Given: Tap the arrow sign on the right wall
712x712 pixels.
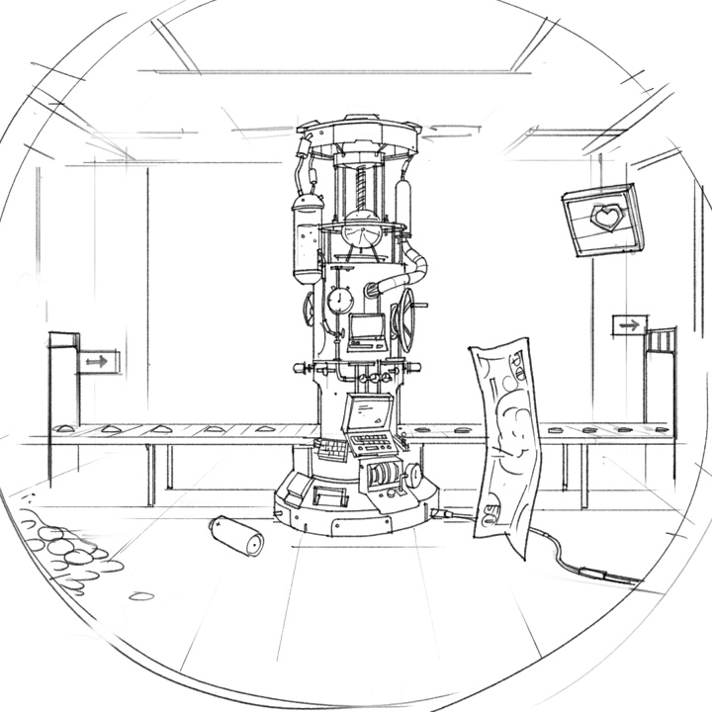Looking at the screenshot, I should (x=628, y=324).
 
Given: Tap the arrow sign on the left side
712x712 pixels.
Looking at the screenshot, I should (x=96, y=362).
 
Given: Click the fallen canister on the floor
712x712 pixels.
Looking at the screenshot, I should (x=237, y=535).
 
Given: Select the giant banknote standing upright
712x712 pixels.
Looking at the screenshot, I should (x=507, y=436).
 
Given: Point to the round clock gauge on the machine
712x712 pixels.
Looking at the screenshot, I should (x=339, y=299).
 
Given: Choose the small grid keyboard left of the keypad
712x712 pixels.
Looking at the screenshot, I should (x=331, y=447).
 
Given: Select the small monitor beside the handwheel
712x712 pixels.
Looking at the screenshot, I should (x=367, y=329).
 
